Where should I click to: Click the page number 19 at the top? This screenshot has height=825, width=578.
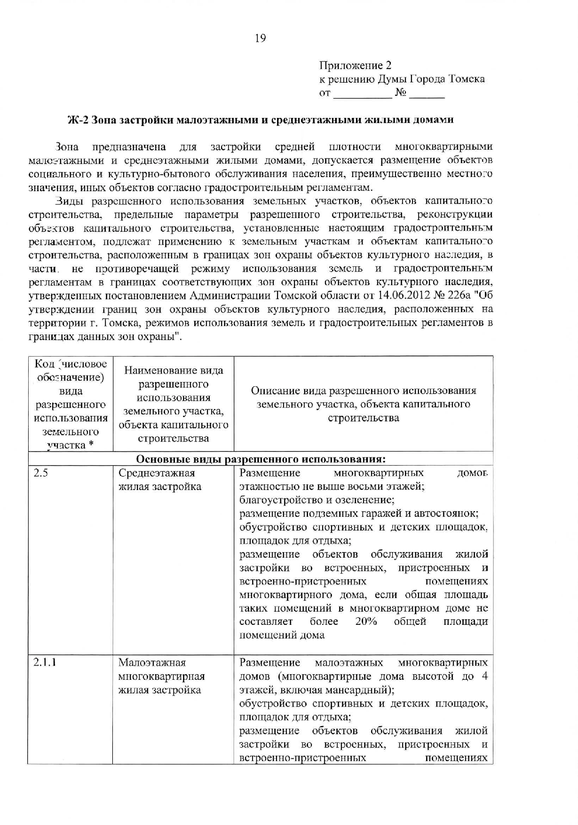pyautogui.click(x=260, y=38)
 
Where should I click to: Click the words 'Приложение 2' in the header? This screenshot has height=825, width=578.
pyautogui.click(x=355, y=65)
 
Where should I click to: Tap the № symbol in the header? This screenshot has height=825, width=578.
pyautogui.click(x=401, y=93)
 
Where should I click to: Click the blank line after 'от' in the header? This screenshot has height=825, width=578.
pyautogui.click(x=362, y=93)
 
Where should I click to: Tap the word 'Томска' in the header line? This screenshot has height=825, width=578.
pyautogui.click(x=467, y=79)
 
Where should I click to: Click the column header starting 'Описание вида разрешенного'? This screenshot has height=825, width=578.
pyautogui.click(x=363, y=404)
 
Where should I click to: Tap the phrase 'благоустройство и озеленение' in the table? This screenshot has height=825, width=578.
pyautogui.click(x=317, y=500)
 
